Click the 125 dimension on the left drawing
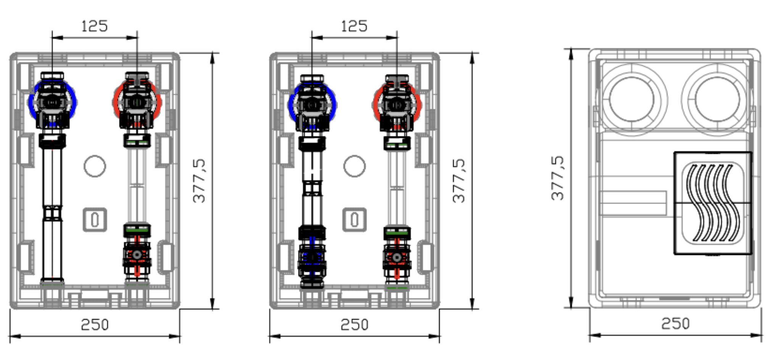(94, 26)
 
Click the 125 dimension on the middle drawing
(354, 26)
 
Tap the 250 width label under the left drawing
(95, 325)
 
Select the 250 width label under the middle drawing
(354, 325)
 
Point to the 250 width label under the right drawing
(675, 323)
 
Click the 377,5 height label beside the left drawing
(199, 181)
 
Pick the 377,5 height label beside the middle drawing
(459, 181)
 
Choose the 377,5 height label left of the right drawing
(557, 178)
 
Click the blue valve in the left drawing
(52, 102)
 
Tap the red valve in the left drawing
(137, 102)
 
